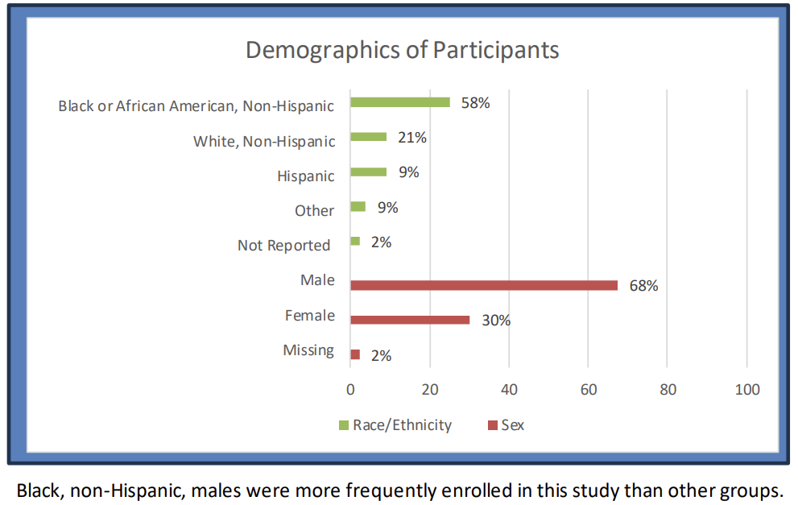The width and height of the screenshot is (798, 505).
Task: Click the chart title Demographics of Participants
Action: [402, 50]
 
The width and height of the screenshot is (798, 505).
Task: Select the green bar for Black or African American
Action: [400, 102]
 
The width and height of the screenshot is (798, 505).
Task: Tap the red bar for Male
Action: [484, 285]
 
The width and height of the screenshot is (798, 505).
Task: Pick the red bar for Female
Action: [410, 320]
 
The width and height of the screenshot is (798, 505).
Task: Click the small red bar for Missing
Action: [355, 354]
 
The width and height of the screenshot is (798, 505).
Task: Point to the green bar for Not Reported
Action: [355, 241]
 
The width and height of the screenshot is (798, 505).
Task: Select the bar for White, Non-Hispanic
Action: [369, 137]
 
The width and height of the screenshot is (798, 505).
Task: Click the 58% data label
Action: [475, 103]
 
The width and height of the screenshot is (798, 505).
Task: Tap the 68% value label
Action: [644, 286]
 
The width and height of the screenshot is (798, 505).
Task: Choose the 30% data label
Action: [496, 321]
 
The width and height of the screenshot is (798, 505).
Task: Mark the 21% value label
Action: [411, 138]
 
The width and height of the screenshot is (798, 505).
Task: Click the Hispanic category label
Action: [305, 176]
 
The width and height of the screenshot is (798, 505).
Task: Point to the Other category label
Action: [314, 211]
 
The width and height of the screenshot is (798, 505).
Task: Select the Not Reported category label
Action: [284, 246]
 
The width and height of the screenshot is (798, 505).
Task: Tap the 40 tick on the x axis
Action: [509, 390]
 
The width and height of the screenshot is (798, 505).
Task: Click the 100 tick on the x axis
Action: [747, 390]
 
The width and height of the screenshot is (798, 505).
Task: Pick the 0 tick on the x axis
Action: [350, 390]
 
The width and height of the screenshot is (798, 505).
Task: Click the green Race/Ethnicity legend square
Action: [344, 425]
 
